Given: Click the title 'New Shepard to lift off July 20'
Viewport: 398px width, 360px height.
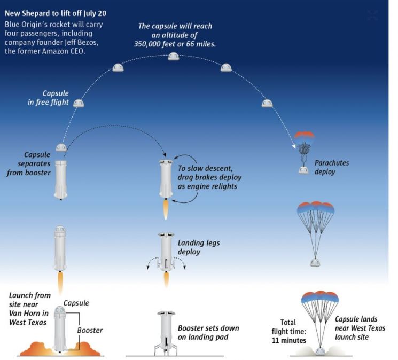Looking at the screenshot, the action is tap(56, 13).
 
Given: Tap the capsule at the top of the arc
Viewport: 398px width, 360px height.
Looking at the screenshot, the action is tap(174, 56).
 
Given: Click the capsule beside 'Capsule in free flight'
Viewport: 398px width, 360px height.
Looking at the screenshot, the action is tap(79, 103).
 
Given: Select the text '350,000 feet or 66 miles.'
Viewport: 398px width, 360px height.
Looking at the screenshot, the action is tap(175, 44).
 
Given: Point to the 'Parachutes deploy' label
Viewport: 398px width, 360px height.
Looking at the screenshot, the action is tap(332, 167).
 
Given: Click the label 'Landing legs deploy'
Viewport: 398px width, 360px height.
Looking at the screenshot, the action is tap(199, 247).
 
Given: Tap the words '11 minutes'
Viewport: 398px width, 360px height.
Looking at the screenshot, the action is tap(289, 340).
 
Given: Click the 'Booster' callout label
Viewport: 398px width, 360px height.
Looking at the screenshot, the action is tap(90, 330).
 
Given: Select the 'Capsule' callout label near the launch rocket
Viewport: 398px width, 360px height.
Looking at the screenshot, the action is tap(76, 303).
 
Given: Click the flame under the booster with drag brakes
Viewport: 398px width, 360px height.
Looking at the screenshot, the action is tap(166, 209).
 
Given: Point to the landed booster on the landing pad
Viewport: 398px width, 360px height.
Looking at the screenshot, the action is tap(166, 333).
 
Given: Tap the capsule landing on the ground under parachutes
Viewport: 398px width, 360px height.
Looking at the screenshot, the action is tap(320, 351).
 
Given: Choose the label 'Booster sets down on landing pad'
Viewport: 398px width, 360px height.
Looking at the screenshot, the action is tap(208, 332).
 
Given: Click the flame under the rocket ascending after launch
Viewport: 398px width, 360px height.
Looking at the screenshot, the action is tap(60, 283).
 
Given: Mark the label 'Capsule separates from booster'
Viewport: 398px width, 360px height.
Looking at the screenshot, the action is tap(29, 163).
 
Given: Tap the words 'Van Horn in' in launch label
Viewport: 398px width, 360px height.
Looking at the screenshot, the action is tap(29, 314).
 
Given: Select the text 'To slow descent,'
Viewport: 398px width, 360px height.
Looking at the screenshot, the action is tap(205, 168).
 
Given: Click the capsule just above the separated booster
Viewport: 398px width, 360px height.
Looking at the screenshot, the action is tap(61, 147).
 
